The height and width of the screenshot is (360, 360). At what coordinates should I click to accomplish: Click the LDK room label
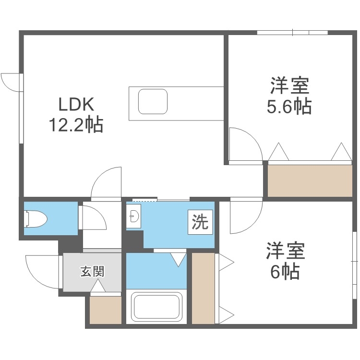tap(74, 104)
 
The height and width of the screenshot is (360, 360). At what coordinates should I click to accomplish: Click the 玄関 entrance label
tap(92, 272)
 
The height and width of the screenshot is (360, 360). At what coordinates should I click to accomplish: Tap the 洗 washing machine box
tap(200, 222)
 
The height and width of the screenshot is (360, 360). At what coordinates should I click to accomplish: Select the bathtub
tap(156, 307)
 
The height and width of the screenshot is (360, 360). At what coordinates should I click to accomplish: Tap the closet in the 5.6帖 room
tap(310, 180)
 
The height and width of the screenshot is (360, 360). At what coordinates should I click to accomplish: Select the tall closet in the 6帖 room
tap(203, 288)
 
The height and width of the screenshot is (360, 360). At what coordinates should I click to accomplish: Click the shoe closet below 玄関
tap(106, 310)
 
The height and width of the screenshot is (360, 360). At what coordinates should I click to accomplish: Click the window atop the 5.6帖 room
tap(292, 33)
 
